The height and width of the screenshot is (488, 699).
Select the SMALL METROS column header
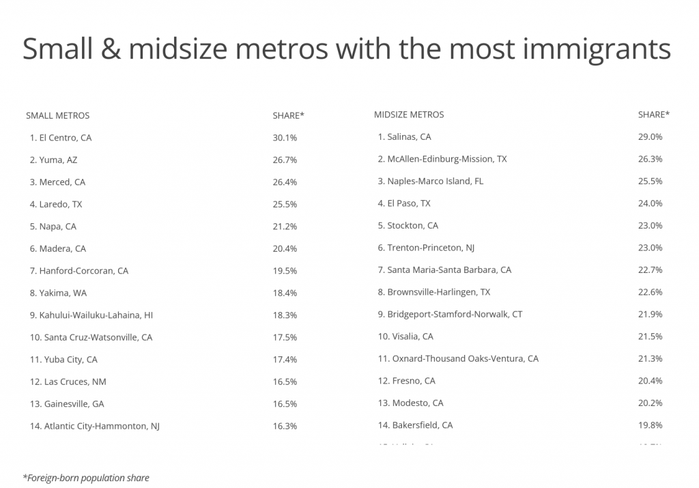tap(57, 115)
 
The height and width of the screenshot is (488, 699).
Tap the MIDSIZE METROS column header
tap(409, 115)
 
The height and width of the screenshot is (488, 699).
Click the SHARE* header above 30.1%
tap(288, 115)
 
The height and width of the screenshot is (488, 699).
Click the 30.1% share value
tap(285, 138)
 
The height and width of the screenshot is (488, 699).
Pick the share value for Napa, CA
tap(285, 227)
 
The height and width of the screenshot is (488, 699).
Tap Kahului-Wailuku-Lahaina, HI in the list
tap(91, 315)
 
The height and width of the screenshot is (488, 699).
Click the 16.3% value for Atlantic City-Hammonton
tap(285, 426)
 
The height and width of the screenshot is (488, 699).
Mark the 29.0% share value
tap(650, 137)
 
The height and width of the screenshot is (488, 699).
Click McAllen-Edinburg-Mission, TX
tap(442, 159)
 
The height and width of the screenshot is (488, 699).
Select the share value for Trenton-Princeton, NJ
tap(650, 248)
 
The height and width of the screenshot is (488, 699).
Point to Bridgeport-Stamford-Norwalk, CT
tap(450, 314)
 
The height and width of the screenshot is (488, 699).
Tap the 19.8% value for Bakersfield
tap(650, 425)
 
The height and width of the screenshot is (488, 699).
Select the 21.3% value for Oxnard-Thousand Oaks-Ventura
tap(650, 358)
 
